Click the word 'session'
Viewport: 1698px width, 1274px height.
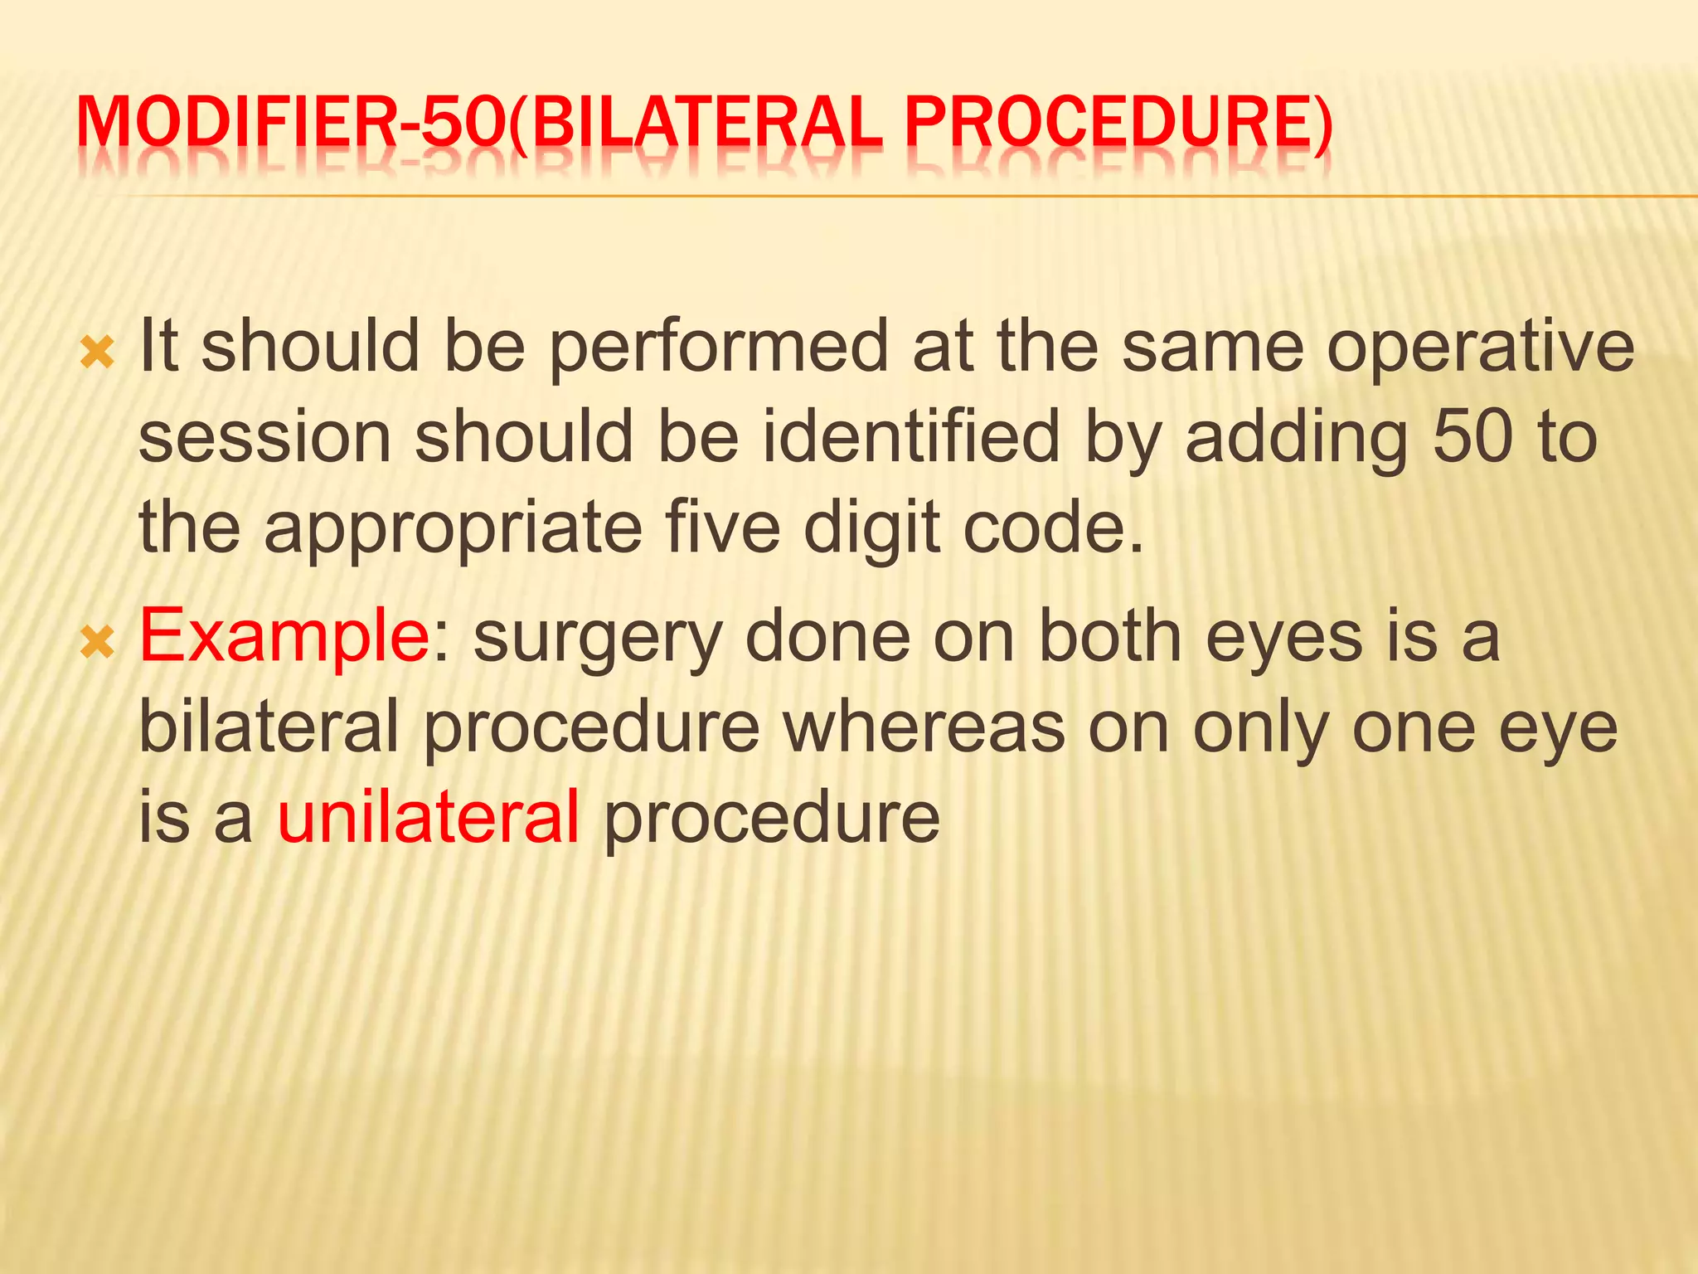click(x=264, y=438)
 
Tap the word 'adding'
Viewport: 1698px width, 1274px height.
click(x=1296, y=438)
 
